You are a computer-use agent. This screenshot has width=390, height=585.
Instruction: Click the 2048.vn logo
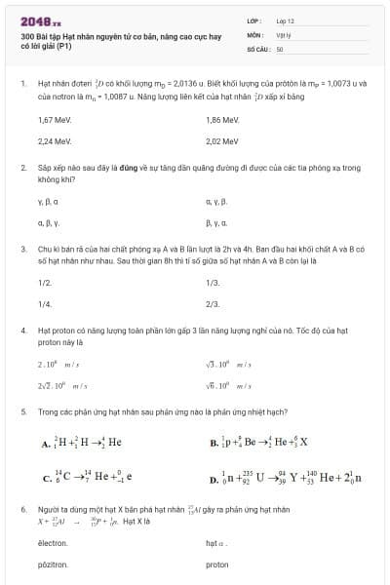click(40, 20)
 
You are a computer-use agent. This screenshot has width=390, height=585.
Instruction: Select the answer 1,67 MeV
click(55, 119)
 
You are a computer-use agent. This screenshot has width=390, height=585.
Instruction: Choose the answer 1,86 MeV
click(222, 119)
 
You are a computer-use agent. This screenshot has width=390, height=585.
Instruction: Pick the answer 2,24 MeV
click(55, 140)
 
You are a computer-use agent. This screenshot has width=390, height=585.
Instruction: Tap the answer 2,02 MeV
click(222, 140)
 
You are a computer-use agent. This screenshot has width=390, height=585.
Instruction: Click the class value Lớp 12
click(285, 20)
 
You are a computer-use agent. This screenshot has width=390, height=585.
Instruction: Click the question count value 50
click(280, 48)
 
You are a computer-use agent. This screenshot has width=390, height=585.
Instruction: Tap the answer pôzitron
click(53, 565)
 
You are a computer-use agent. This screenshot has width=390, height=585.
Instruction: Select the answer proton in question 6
click(217, 565)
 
